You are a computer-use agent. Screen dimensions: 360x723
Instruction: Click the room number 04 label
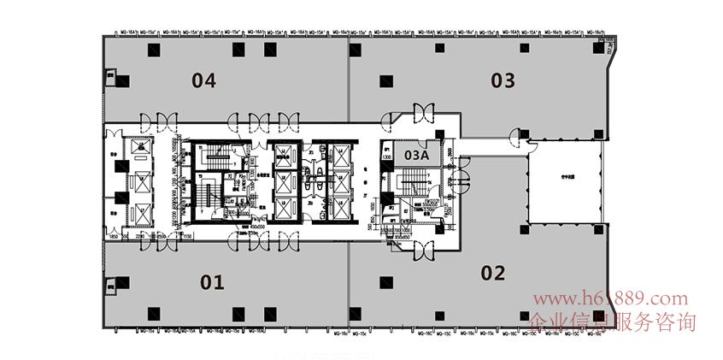pos(203,81)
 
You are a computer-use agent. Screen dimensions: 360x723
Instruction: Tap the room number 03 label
pos(503,81)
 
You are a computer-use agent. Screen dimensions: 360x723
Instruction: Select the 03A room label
pos(416,155)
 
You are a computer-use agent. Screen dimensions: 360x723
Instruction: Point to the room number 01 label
pos(212,281)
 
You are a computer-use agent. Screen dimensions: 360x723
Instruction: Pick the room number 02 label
pos(493,274)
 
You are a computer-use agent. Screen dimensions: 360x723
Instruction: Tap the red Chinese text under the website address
pos(613,322)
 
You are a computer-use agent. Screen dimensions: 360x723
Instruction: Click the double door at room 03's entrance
pos(423,111)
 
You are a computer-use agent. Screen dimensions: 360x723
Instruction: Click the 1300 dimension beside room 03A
pos(386,156)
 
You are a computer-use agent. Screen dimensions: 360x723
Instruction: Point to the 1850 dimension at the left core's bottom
pos(113,235)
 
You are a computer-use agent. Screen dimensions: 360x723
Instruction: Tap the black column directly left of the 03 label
pos(387,81)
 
